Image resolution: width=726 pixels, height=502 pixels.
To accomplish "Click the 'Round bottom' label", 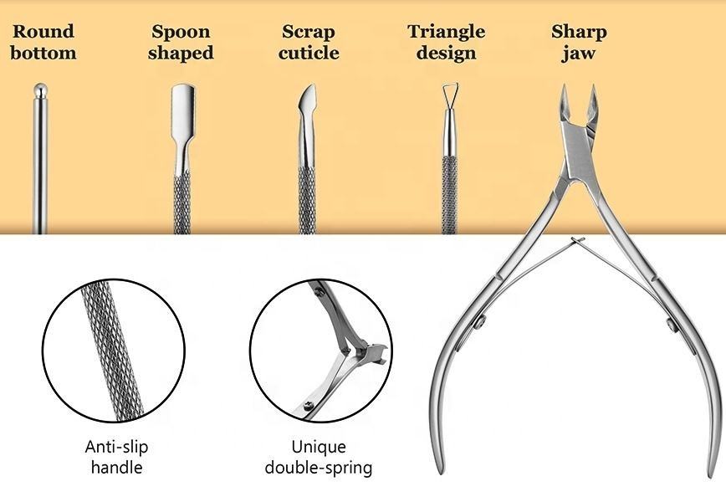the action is (x=43, y=43).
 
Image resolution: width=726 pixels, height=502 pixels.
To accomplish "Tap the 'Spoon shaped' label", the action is (x=181, y=43).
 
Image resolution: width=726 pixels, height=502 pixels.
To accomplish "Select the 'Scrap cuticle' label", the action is (x=309, y=43).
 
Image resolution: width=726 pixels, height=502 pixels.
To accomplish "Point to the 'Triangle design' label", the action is (x=446, y=43).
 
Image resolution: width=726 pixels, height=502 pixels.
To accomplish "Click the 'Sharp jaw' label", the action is (x=579, y=43).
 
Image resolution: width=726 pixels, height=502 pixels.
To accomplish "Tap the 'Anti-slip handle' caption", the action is (x=116, y=457).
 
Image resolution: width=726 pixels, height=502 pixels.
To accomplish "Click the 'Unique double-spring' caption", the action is (x=319, y=457).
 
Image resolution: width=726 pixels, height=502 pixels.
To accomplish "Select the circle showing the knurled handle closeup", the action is (x=114, y=350).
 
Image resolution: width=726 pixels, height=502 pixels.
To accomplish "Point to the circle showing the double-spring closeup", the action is (x=320, y=350).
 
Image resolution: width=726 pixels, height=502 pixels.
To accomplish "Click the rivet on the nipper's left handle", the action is (x=478, y=320).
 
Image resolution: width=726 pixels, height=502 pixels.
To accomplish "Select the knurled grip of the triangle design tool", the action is (x=449, y=192).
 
